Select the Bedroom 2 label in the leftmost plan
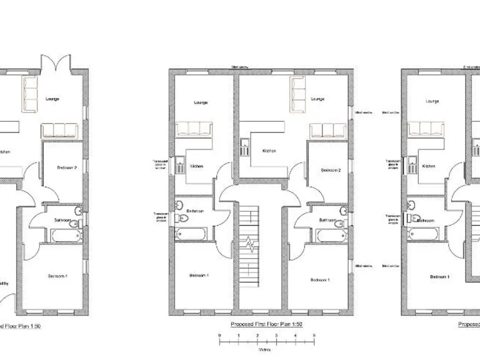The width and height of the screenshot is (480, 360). [x=66, y=168]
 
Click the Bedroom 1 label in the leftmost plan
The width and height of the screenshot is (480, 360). [x=57, y=276]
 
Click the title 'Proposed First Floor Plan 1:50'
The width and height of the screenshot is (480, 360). [x=266, y=324]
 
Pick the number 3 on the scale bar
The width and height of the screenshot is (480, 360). [x=276, y=336]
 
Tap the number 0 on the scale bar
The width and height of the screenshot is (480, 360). [x=219, y=336]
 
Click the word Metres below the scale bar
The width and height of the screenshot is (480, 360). [x=266, y=351]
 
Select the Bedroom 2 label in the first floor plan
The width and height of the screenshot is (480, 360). [x=330, y=170]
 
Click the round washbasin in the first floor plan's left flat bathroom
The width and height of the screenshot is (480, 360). [x=179, y=204]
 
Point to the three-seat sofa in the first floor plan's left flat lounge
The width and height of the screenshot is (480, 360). [x=195, y=129]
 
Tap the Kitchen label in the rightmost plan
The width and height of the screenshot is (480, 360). [x=429, y=166]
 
